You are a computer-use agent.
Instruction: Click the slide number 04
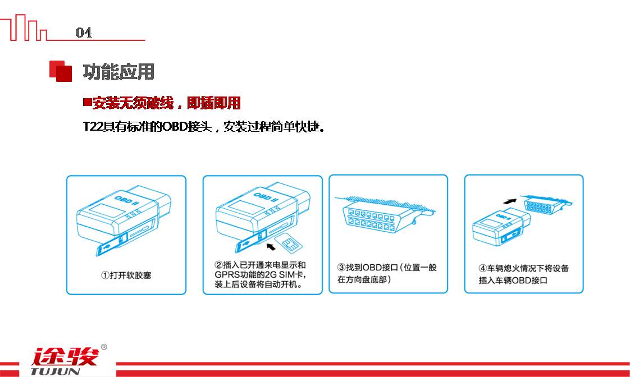pos(84,32)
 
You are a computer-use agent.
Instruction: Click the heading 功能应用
pos(118,72)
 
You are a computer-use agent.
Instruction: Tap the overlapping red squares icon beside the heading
pos(60,71)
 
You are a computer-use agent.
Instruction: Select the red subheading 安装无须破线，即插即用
pos(166,103)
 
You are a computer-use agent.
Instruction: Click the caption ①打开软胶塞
pos(126,275)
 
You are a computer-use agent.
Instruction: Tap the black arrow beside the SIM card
pos(271,246)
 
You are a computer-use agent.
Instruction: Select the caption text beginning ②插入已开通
pos(261,275)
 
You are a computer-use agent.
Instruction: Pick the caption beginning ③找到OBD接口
pos(386,273)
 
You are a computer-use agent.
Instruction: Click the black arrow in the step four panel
pos(510,201)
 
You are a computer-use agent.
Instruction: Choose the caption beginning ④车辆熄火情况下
pos(523,274)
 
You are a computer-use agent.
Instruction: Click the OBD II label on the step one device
pos(126,200)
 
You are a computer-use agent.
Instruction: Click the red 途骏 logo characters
pos(65,357)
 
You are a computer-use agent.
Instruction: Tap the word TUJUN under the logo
pos(56,371)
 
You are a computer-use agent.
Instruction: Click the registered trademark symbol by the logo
pos(104,347)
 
